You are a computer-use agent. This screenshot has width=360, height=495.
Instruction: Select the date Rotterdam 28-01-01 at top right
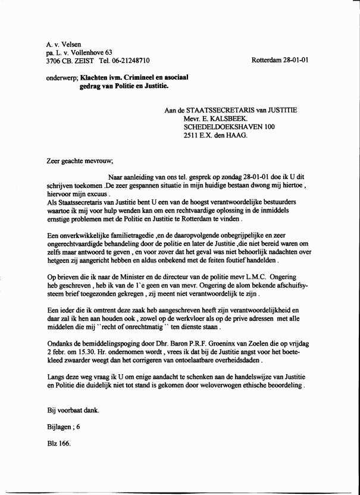click(280, 61)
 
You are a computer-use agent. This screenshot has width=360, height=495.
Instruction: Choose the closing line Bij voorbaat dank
click(73, 410)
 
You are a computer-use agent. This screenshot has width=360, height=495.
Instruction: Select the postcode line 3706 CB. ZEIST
click(69, 61)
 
